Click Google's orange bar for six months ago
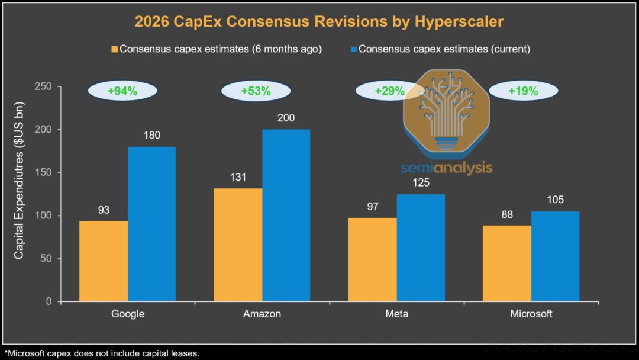103,261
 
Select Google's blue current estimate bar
151,224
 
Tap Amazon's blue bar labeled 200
286,216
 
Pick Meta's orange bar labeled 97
373,259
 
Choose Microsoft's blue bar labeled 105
555,256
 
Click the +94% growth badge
122,91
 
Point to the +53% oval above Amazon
256,91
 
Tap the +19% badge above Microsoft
523,91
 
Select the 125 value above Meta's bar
421,182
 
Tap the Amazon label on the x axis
262,314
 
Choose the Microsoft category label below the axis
531,314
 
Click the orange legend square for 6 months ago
115,49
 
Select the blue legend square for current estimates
354,49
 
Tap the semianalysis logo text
446,168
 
